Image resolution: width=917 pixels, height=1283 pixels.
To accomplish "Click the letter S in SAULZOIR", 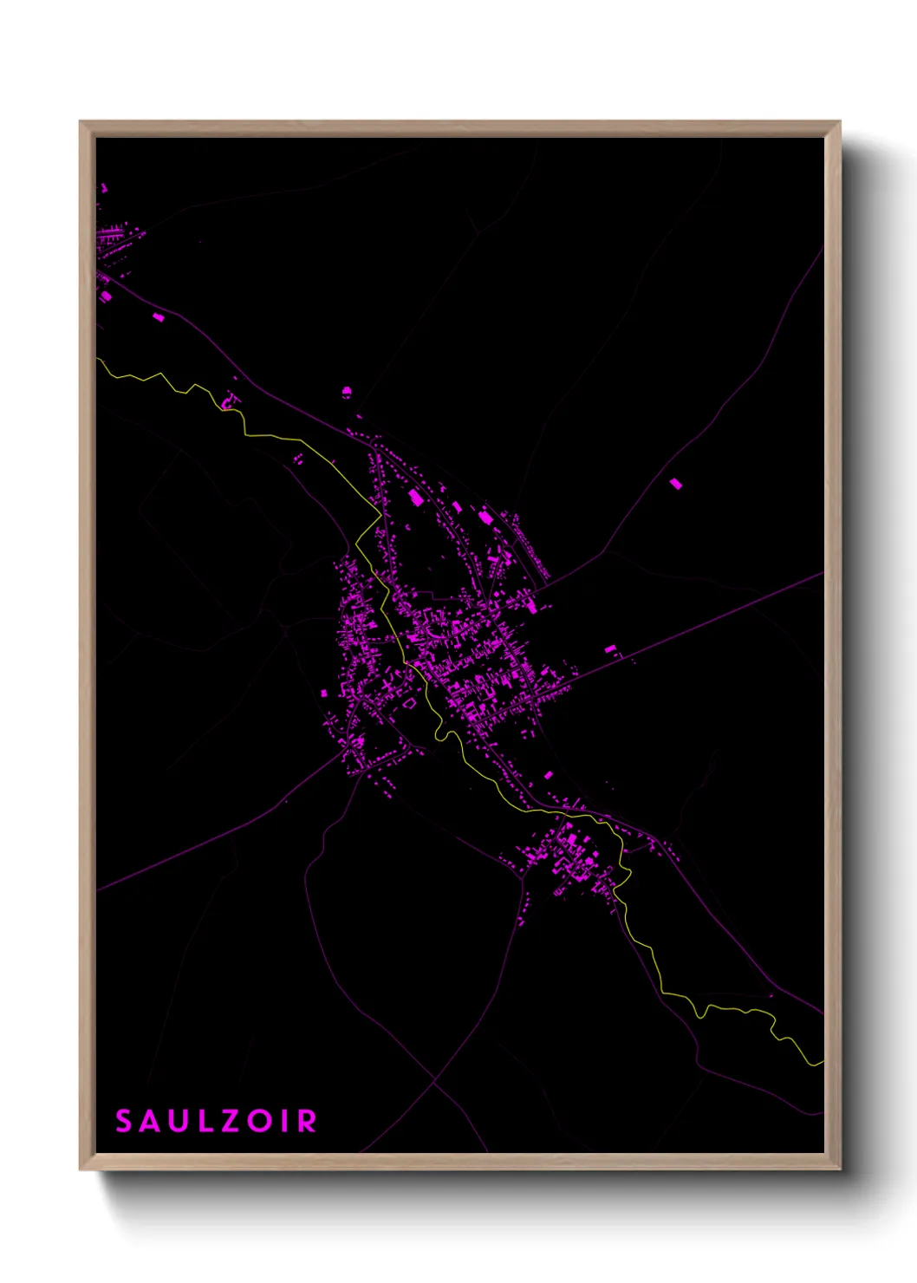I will (124, 1121).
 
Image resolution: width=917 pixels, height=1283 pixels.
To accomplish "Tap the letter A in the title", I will (152, 1121).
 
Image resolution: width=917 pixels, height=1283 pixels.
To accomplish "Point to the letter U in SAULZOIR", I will (179, 1121).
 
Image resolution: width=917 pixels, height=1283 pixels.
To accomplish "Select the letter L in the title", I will (205, 1121).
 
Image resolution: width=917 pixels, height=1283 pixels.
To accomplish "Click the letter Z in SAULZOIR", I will (229, 1121).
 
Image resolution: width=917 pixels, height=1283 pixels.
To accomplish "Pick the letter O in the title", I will (257, 1121).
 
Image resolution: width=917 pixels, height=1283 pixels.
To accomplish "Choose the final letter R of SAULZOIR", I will (306, 1121).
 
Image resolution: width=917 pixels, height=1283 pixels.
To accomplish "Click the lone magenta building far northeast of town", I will (676, 484).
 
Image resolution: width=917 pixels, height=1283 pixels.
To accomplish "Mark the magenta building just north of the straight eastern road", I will (610, 648).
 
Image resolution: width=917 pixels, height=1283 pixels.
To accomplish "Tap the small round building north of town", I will (348, 392).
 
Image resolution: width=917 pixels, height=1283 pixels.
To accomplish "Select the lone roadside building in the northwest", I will (158, 317).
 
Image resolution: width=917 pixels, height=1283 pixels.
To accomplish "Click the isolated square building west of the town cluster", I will (324, 693).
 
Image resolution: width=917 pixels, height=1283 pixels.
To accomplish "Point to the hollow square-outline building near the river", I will (409, 703).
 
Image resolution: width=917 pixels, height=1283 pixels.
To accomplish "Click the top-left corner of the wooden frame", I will (81, 122).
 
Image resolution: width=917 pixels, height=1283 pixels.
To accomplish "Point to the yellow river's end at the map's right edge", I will (822, 1063).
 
